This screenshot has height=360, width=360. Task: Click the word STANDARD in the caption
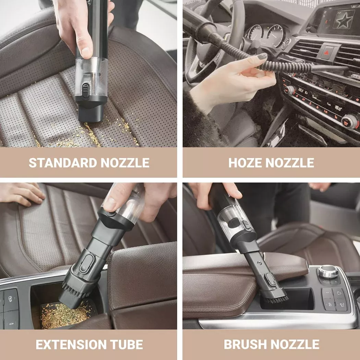63,163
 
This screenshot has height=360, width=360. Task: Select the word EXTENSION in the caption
71,344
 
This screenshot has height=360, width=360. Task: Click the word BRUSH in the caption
245,344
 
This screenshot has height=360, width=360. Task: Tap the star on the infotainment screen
344,19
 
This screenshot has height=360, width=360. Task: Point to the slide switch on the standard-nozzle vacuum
85,91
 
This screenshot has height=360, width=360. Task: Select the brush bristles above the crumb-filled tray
73,291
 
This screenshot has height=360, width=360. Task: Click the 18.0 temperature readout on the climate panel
338,108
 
